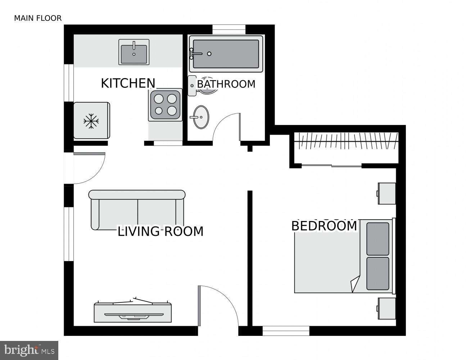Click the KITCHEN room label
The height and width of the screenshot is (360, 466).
(x=128, y=83)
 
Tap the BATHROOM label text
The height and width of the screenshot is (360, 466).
(x=226, y=84)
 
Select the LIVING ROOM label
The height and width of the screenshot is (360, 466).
(x=160, y=231)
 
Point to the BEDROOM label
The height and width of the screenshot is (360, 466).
(x=324, y=226)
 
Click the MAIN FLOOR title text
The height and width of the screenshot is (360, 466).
(x=38, y=18)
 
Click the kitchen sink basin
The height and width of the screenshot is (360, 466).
(x=134, y=53)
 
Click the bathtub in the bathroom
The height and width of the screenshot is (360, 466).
(x=226, y=54)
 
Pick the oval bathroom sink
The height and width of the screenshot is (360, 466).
(x=201, y=117)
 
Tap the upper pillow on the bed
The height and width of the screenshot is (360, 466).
(x=378, y=239)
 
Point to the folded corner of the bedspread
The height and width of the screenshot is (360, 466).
(x=356, y=284)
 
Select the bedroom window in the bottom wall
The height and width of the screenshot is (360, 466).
(x=286, y=330)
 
